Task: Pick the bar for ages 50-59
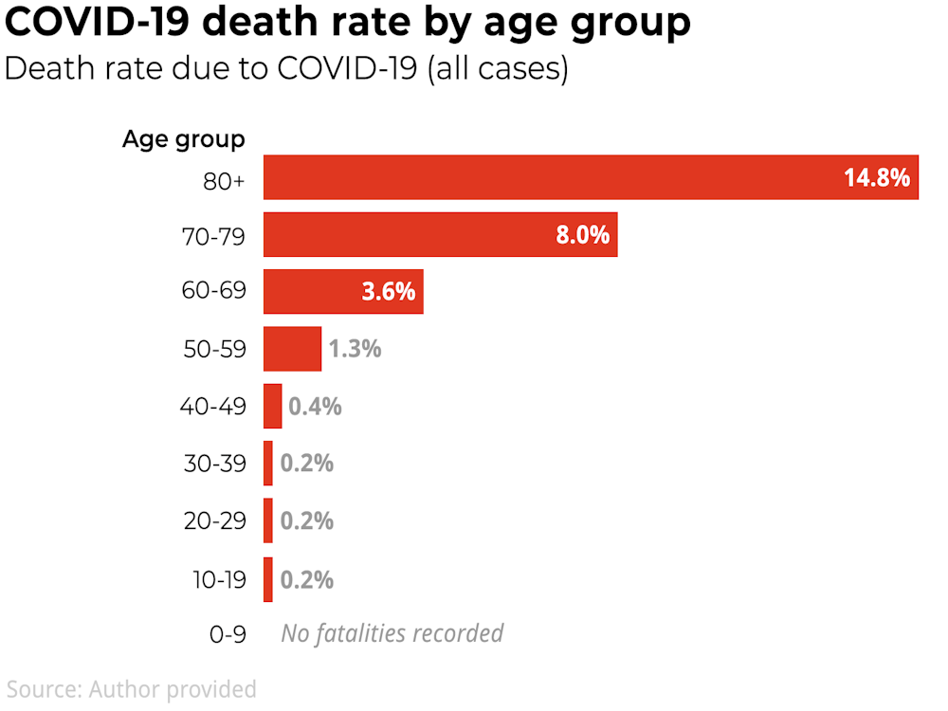click(292, 349)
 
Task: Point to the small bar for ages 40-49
click(272, 407)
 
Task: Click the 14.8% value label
click(877, 177)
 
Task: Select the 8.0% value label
click(582, 235)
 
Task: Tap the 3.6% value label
click(389, 292)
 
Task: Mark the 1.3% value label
click(355, 349)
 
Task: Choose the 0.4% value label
click(315, 407)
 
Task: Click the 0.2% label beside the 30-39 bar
click(306, 464)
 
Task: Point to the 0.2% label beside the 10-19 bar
click(306, 579)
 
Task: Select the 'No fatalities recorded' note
click(392, 633)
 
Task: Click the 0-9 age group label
click(228, 634)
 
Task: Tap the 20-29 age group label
click(214, 521)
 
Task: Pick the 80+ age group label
click(224, 179)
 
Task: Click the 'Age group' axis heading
click(183, 139)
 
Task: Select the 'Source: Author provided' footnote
click(132, 688)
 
